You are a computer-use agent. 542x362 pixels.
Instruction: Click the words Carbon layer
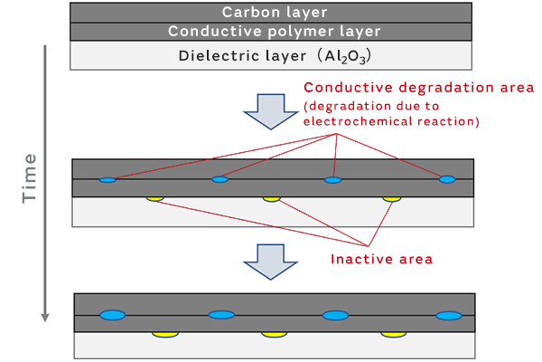click(x=269, y=13)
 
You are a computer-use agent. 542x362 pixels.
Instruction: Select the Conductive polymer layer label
click(x=269, y=32)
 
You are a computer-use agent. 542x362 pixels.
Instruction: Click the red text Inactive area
click(x=382, y=259)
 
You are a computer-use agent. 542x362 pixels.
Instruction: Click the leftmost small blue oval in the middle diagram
click(x=107, y=180)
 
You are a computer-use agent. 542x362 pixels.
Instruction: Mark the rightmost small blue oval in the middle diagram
click(x=447, y=180)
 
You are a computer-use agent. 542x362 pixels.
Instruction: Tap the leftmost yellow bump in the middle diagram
click(x=155, y=198)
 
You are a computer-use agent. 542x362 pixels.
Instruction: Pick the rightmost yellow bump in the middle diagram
click(x=392, y=198)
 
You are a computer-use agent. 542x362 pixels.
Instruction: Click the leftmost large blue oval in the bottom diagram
click(x=112, y=315)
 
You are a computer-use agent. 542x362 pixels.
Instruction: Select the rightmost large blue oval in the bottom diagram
click(x=448, y=315)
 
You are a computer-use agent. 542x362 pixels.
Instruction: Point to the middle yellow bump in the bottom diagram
click(x=274, y=334)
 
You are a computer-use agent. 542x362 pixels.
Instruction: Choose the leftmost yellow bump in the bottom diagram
click(x=163, y=334)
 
